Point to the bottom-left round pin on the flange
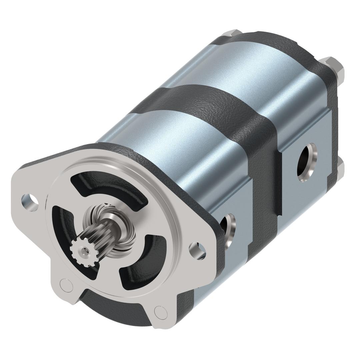point(66,284)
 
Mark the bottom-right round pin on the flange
point(161,312)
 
